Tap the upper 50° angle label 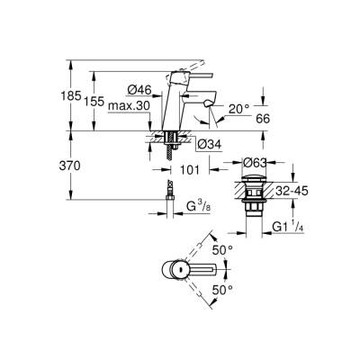click(222, 247)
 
